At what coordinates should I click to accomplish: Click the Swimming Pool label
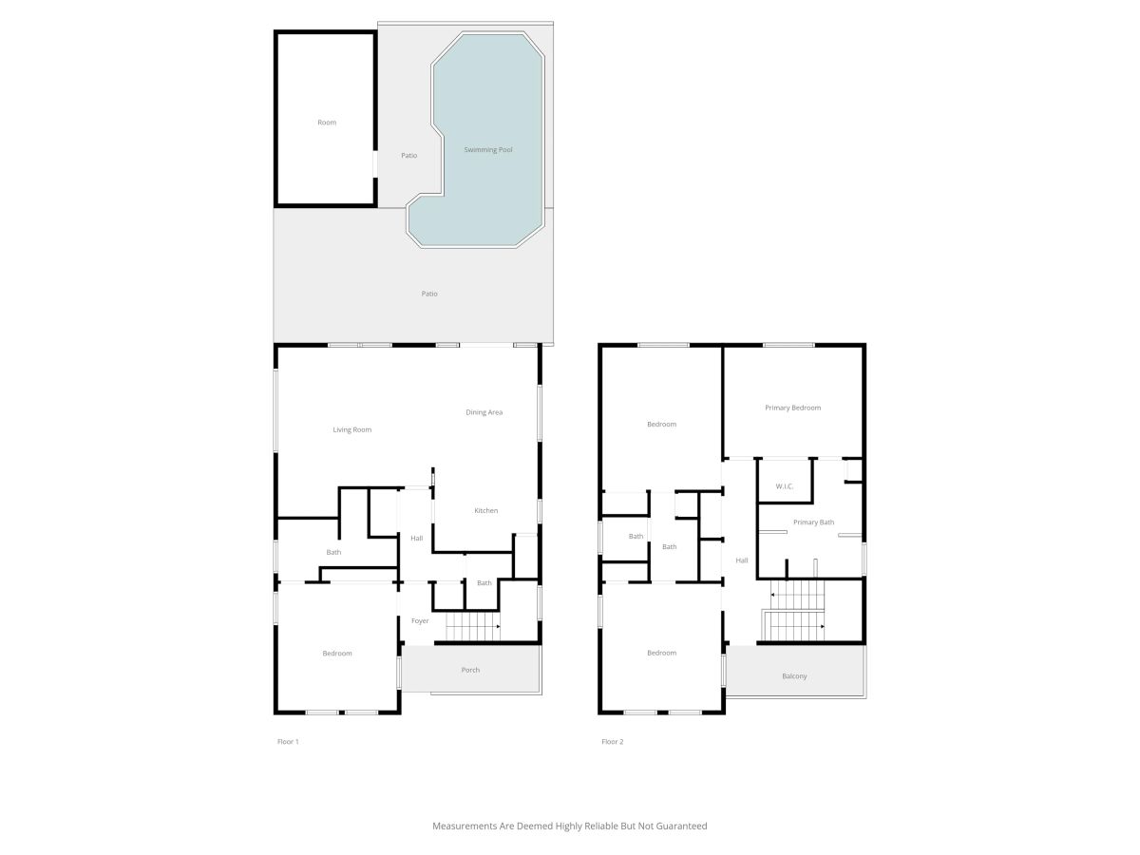(487, 149)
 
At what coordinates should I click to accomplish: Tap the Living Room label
(351, 429)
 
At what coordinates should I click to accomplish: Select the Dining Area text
(484, 412)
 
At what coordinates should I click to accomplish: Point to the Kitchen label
(485, 510)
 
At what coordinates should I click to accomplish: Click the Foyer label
(420, 620)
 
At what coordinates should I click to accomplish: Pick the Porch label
(470, 670)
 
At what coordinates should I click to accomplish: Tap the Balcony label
(794, 675)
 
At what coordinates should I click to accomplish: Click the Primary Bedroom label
(792, 408)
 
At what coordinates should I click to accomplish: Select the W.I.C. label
(785, 486)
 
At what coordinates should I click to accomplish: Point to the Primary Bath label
(813, 522)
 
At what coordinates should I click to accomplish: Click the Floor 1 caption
(288, 741)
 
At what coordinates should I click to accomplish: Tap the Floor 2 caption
(613, 741)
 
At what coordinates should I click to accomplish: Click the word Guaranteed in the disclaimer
(681, 826)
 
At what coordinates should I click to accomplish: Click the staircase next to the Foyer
(472, 626)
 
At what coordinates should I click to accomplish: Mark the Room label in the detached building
(327, 123)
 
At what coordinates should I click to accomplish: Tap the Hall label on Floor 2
(741, 560)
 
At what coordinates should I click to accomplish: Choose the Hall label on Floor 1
(416, 538)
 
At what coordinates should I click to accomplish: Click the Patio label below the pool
(429, 294)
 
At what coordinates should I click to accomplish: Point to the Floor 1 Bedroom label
(337, 653)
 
